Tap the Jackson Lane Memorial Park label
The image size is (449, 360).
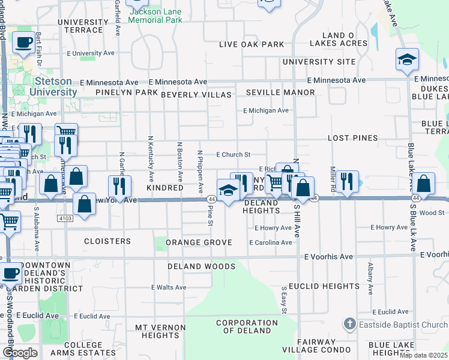(x=156, y=16)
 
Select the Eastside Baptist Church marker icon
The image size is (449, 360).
(x=350, y=325)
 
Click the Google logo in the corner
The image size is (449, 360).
(x=19, y=353)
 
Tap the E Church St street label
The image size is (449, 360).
(x=233, y=155)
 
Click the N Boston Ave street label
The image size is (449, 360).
(x=179, y=162)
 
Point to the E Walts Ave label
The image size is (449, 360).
(x=169, y=287)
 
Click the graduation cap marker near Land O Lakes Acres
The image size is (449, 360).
(x=407, y=60)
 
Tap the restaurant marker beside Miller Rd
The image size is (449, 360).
(x=347, y=181)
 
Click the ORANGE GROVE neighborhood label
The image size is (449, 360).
(x=199, y=242)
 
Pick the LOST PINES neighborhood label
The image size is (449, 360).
(x=353, y=138)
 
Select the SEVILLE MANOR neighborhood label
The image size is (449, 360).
(x=280, y=92)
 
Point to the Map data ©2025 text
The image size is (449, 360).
(x=423, y=355)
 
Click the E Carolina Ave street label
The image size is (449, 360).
(x=270, y=242)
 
